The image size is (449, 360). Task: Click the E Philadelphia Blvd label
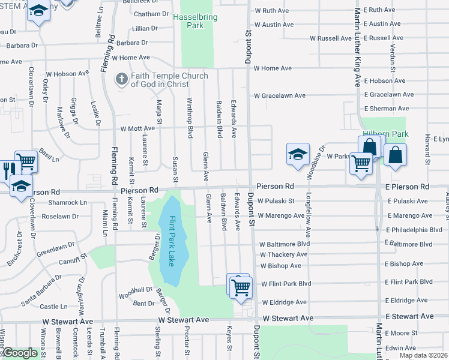tap(414, 229)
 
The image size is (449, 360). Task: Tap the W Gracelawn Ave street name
tap(280, 95)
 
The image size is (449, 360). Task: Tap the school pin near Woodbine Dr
tap(298, 154)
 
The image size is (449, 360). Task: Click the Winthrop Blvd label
tap(190, 118)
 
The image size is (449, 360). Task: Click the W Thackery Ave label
tap(285, 254)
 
